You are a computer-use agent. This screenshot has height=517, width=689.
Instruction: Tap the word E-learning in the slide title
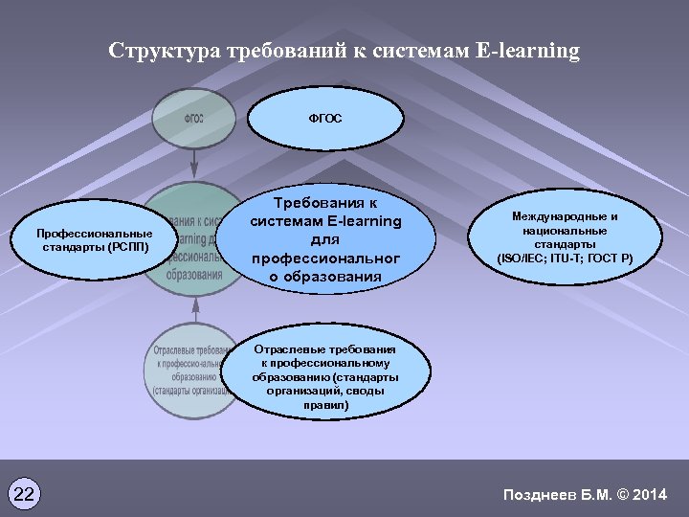pyautogui.click(x=527, y=51)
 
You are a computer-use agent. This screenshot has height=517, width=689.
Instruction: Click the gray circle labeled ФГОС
pyautogui.click(x=194, y=118)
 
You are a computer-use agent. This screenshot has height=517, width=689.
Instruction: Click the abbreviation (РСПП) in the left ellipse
pyautogui.click(x=127, y=246)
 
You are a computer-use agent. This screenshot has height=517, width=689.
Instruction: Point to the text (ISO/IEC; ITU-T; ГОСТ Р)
pyautogui.click(x=570, y=258)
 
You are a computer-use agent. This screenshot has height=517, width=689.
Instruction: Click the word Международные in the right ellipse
pyautogui.click(x=570, y=217)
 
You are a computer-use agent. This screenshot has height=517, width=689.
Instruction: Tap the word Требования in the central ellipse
pyautogui.click(x=325, y=203)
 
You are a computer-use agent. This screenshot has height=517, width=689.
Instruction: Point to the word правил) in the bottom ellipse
pyautogui.click(x=326, y=405)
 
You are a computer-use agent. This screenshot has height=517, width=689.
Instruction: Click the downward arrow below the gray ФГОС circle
pyautogui.click(x=195, y=163)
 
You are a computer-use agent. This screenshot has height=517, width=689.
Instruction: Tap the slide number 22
pyautogui.click(x=25, y=494)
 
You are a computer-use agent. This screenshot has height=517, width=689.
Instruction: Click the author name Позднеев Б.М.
pyautogui.click(x=556, y=494)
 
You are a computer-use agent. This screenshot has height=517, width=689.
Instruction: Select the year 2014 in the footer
pyautogui.click(x=650, y=494)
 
